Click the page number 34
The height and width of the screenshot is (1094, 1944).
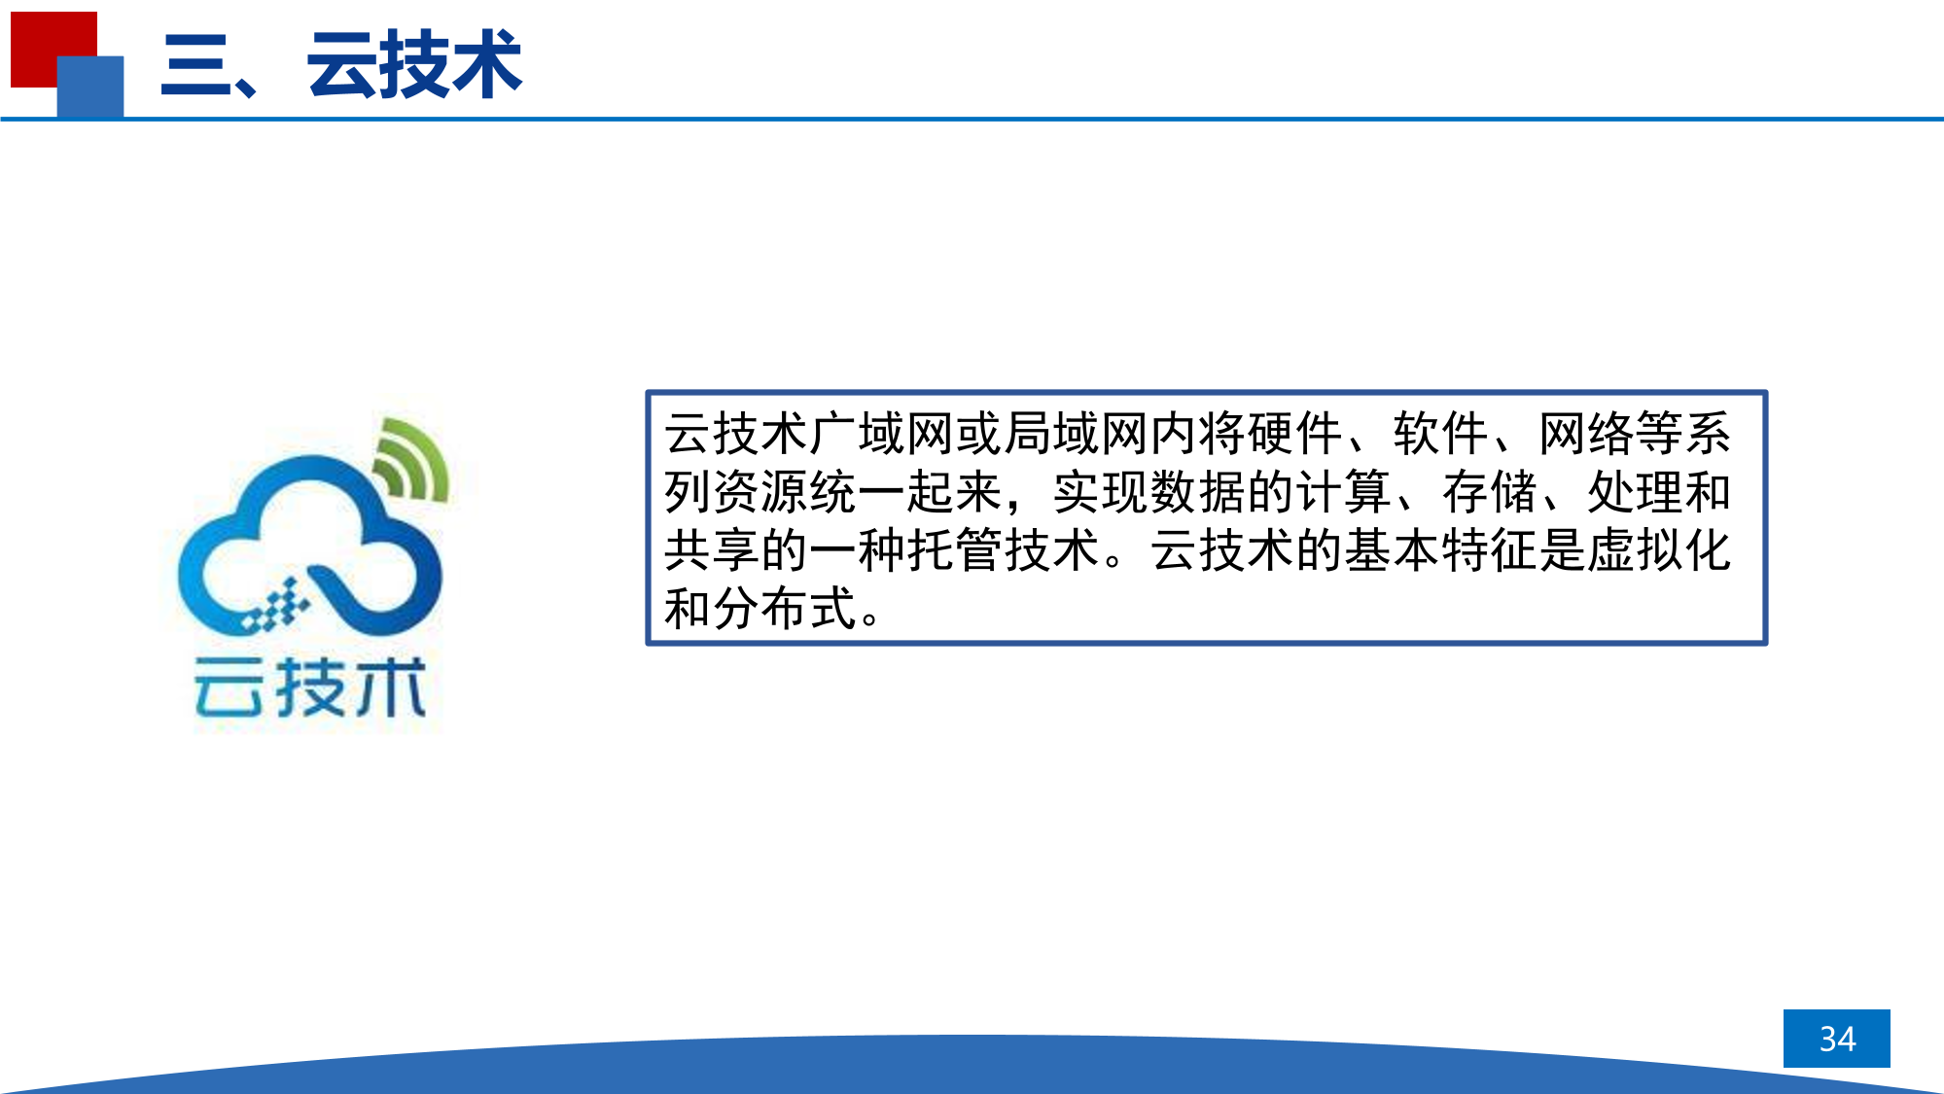[1837, 1039]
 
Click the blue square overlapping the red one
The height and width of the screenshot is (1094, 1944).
[90, 87]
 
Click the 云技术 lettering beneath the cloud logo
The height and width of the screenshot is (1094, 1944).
[310, 687]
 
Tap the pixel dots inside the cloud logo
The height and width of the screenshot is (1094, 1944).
[275, 605]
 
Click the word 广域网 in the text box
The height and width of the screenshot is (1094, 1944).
[882, 434]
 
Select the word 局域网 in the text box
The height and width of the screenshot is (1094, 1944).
[1077, 434]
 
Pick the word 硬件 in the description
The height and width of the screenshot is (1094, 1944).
[1295, 434]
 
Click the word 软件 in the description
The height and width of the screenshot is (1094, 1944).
[1441, 434]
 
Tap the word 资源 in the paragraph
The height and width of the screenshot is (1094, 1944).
[760, 492]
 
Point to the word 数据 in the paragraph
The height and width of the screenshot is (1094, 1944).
[1198, 492]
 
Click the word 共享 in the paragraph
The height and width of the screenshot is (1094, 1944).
[712, 550]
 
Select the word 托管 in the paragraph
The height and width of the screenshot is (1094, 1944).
[955, 550]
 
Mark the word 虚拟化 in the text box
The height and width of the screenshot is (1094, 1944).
[1660, 550]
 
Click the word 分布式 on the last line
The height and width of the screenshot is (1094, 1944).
[785, 609]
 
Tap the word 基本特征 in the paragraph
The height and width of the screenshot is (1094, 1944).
[1441, 550]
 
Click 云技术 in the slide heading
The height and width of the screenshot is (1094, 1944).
[415, 65]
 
